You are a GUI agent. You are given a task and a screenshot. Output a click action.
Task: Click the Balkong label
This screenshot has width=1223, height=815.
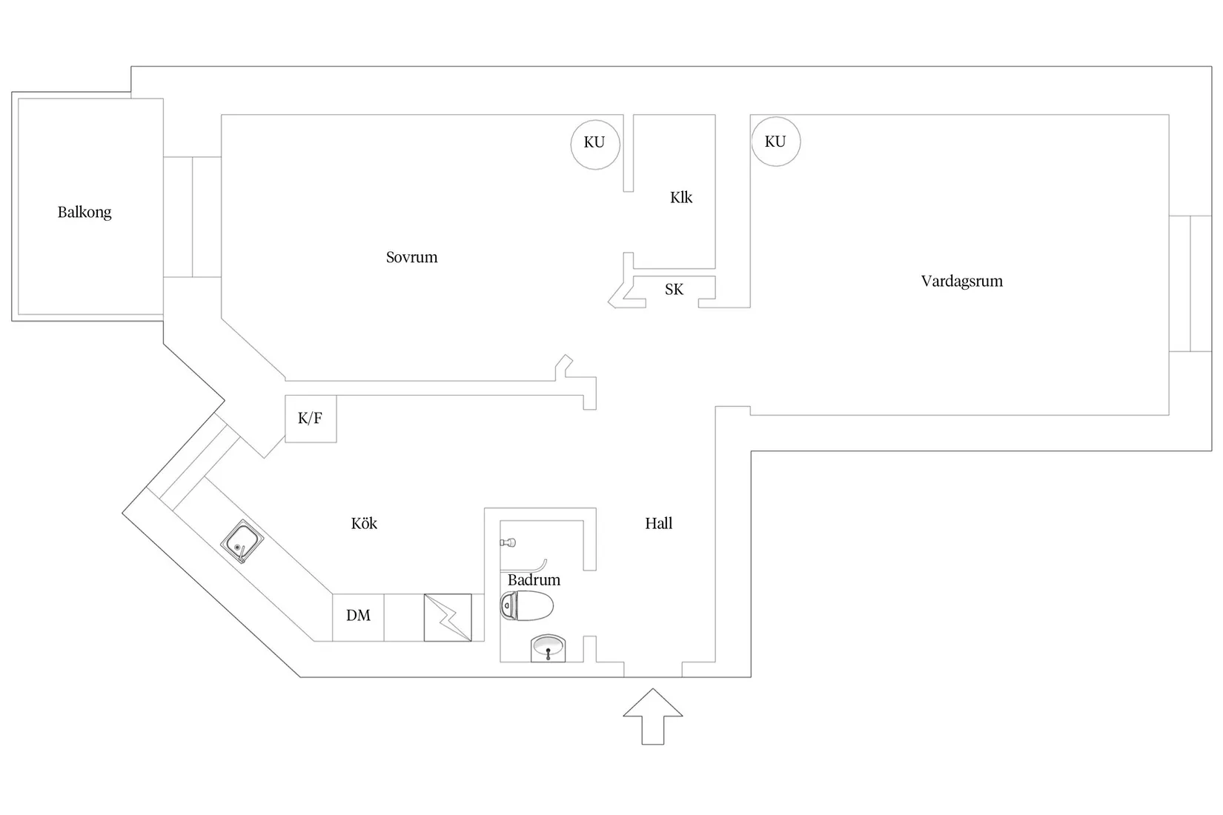[84, 213]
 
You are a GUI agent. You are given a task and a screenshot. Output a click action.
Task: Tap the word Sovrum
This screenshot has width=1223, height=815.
[411, 257]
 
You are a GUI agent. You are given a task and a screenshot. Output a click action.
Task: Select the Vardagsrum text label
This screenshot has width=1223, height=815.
[962, 282]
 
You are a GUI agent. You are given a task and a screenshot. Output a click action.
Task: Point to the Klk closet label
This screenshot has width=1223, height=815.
[681, 197]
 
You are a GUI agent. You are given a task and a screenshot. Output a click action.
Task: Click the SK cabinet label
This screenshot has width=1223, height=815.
[675, 289]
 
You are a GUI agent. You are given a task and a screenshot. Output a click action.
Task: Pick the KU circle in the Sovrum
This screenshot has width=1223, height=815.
[595, 144]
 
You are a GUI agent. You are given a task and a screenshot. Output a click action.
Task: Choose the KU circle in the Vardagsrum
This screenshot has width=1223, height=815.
[776, 142]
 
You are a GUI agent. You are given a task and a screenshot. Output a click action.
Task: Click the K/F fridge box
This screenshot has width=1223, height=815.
[311, 419]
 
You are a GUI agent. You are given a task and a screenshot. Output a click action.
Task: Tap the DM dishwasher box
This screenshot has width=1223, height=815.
[358, 617]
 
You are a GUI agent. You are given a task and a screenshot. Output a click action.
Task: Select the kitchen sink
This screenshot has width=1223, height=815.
[242, 541]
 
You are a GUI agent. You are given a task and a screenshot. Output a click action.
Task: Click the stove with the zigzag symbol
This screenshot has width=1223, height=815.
[448, 617]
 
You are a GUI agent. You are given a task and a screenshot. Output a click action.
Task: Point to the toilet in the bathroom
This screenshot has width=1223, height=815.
[527, 605]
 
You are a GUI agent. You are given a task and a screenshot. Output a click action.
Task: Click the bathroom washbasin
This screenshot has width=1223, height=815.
[548, 648]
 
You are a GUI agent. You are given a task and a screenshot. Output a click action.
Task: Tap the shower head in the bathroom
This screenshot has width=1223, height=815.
[508, 542]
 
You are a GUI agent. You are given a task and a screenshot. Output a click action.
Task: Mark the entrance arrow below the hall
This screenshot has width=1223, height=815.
[653, 716]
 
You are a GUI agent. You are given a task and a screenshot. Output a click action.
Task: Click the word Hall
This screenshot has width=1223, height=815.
[658, 524]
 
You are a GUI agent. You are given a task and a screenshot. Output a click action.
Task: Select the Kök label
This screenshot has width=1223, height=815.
[364, 524]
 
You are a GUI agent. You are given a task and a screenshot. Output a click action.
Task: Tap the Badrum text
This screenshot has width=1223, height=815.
[534, 579]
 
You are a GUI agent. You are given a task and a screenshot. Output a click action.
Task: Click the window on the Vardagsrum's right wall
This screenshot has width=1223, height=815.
[1190, 283]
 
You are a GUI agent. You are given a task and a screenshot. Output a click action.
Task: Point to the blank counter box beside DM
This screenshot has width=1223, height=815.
[404, 617]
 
